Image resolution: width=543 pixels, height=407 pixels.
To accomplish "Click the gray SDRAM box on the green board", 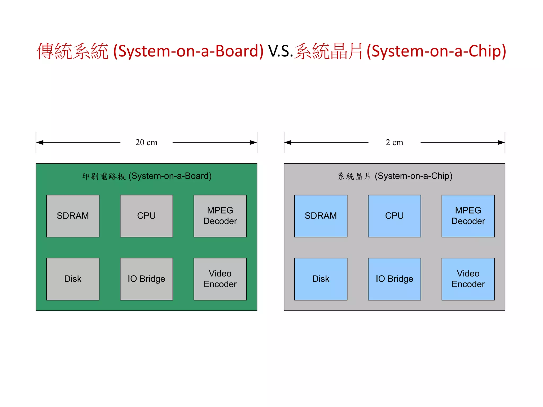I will pyautogui.click(x=73, y=216).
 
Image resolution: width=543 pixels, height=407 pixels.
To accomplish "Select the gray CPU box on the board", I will pyautogui.click(x=146, y=216).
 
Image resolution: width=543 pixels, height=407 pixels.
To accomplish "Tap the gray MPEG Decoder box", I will pyautogui.click(x=220, y=216).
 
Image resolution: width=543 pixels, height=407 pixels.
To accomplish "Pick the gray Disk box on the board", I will pyautogui.click(x=73, y=279).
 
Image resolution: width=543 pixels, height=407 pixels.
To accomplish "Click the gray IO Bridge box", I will pyautogui.click(x=146, y=279).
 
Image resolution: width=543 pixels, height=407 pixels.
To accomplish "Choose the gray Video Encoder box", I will pyautogui.click(x=220, y=279).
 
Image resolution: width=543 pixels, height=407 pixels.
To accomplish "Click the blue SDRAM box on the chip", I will pyautogui.click(x=321, y=216).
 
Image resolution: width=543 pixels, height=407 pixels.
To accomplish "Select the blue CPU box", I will pyautogui.click(x=394, y=216).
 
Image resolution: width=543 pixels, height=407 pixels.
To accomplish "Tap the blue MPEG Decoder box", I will pyautogui.click(x=468, y=216).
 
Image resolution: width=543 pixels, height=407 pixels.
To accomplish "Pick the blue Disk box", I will pyautogui.click(x=321, y=279).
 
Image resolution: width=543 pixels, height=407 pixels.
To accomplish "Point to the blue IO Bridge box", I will pyautogui.click(x=394, y=279).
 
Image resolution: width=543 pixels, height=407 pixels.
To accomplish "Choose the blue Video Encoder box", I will pyautogui.click(x=468, y=279).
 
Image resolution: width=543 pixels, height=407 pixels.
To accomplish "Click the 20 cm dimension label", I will pyautogui.click(x=146, y=142).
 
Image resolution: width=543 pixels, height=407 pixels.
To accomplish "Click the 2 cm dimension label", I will pyautogui.click(x=394, y=142).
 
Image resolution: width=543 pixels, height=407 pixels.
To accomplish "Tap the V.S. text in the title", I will pyautogui.click(x=280, y=51).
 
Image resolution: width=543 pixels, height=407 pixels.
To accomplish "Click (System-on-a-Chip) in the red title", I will pyautogui.click(x=436, y=51).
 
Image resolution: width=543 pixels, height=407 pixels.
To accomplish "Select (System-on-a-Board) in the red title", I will pyautogui.click(x=188, y=51).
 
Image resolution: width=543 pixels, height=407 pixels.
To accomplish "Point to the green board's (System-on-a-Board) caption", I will pyautogui.click(x=170, y=176).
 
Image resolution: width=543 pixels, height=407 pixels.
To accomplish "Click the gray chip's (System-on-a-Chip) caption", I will pyautogui.click(x=413, y=176).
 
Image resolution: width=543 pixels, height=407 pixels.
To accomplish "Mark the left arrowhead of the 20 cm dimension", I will pyautogui.click(x=40, y=143).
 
